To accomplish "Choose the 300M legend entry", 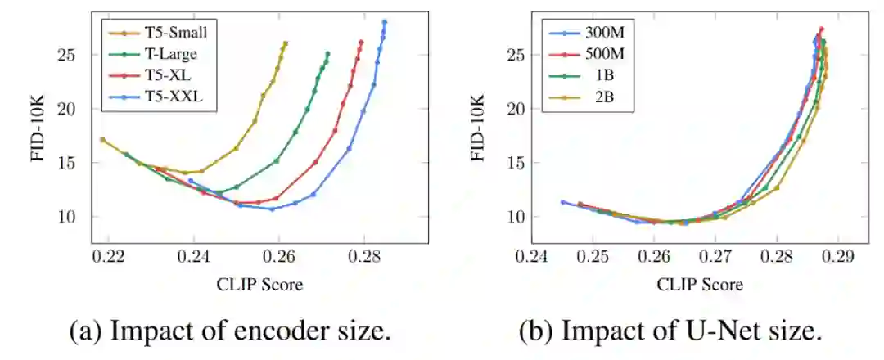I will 605,33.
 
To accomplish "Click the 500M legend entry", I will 605,55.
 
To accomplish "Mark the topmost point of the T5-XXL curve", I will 384,22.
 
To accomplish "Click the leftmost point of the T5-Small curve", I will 102,140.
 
